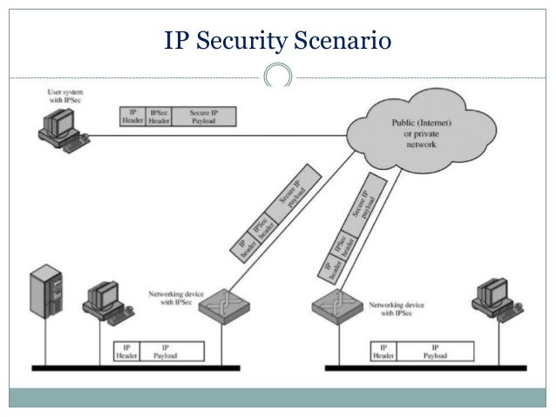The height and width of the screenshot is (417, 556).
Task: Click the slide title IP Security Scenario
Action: (278, 40)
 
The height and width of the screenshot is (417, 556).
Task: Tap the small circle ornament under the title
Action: (278, 76)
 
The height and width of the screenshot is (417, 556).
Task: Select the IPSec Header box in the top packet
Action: (159, 117)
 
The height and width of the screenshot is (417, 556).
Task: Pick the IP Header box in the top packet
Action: (132, 117)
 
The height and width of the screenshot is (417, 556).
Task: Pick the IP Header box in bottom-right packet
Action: (383, 351)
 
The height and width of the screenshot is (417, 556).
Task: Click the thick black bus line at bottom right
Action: (427, 366)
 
